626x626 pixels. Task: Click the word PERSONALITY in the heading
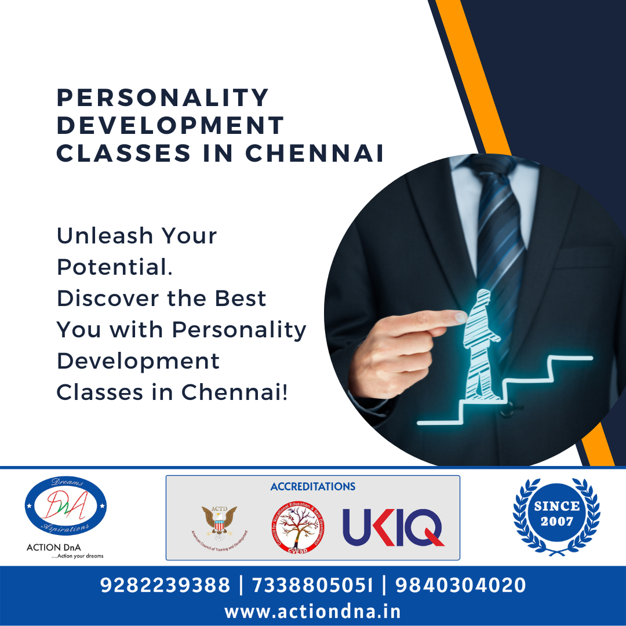click(x=163, y=98)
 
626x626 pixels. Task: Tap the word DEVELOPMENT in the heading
click(x=170, y=126)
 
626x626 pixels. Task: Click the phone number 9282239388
click(x=165, y=585)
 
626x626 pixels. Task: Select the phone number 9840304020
click(x=461, y=585)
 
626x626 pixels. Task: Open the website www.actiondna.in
click(x=313, y=612)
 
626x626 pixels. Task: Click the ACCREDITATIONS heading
click(x=313, y=486)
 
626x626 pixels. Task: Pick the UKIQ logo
click(x=393, y=527)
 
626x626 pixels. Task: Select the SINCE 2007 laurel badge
click(x=556, y=514)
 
